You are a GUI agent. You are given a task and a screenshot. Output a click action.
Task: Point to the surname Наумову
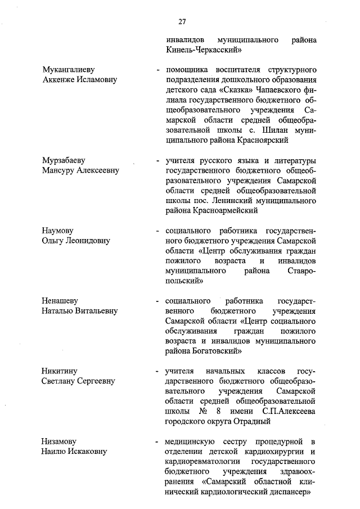click(58, 231)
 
